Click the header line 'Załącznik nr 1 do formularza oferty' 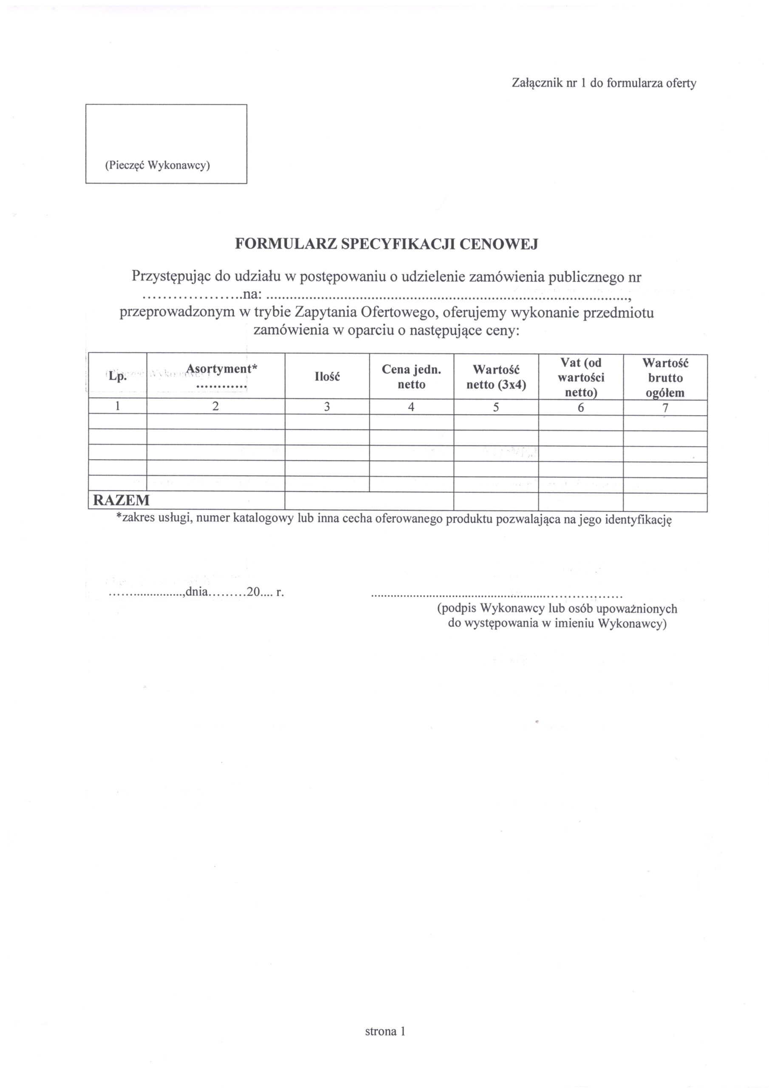pyautogui.click(x=604, y=84)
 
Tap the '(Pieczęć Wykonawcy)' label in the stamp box pyautogui.click(x=157, y=165)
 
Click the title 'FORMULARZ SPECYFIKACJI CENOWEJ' pyautogui.click(x=387, y=244)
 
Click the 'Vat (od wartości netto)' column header pyautogui.click(x=581, y=377)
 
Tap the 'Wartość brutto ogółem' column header pyautogui.click(x=665, y=377)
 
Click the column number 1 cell pyautogui.click(x=118, y=407)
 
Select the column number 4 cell pyautogui.click(x=411, y=407)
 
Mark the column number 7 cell pyautogui.click(x=665, y=408)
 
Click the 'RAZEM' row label pyautogui.click(x=121, y=500)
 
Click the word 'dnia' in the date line pyautogui.click(x=197, y=592)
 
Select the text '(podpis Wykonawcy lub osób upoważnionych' pyautogui.click(x=557, y=609)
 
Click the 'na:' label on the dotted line pyautogui.click(x=251, y=295)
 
